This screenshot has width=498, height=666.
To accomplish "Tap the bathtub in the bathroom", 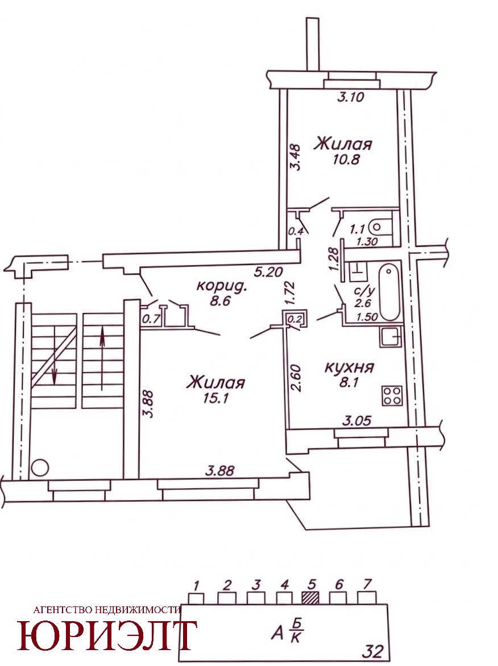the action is (x=389, y=292).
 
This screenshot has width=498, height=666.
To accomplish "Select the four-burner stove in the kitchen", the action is (x=392, y=395).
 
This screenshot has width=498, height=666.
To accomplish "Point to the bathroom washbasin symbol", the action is (x=358, y=271).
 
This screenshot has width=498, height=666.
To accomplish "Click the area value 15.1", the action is (x=216, y=399).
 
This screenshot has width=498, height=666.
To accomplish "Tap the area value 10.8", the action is (x=347, y=160).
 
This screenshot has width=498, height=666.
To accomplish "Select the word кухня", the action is (x=349, y=367).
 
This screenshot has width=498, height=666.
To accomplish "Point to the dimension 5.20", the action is (x=268, y=271).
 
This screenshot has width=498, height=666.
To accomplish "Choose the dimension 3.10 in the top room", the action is (x=351, y=97).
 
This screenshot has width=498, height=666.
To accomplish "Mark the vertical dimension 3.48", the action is (x=294, y=158).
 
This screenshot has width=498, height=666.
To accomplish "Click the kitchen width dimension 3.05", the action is (x=357, y=421).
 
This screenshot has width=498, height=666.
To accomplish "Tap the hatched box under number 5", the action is (x=310, y=598).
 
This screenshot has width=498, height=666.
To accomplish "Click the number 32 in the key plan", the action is (x=372, y=651).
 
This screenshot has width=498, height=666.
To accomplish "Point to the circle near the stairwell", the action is (x=40, y=468).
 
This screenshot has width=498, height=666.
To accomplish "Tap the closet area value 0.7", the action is (x=151, y=319).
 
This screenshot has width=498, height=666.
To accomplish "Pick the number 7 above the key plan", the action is (x=367, y=584).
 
